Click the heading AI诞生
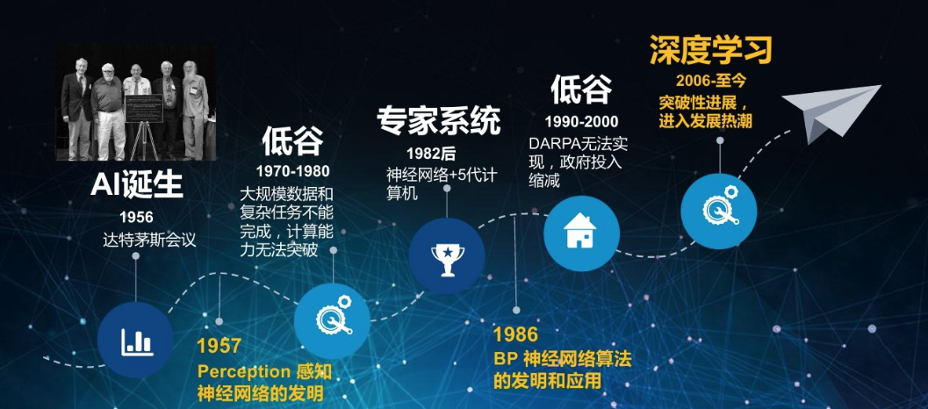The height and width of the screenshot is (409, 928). [137, 186]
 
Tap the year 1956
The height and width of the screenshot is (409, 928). [136, 217]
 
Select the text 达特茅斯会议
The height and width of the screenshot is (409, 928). [149, 240]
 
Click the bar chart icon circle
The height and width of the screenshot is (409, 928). [136, 341]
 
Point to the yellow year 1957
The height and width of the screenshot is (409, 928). [219, 346]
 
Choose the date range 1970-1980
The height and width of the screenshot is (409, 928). [293, 172]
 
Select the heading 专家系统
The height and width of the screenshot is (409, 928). [439, 121]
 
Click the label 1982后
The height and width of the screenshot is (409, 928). [431, 154]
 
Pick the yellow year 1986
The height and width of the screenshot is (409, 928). [515, 334]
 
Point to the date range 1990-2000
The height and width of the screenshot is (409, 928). [582, 122]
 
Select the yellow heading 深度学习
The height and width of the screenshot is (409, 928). [711, 50]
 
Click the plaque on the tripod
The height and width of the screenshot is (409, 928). [144, 108]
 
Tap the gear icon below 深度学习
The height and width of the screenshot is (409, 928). [720, 204]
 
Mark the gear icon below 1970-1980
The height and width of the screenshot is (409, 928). [334, 315]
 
